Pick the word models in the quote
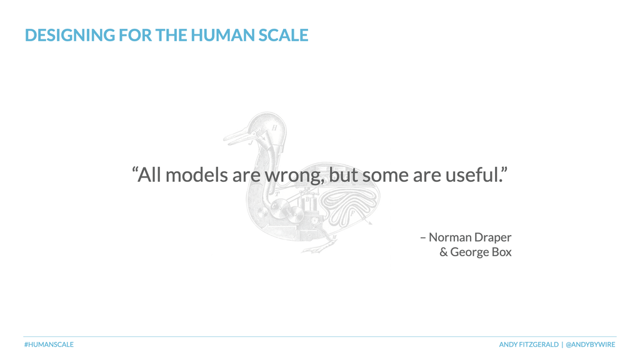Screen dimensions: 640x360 pyautogui.click(x=197, y=175)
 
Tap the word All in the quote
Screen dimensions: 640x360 pyautogui.click(x=149, y=175)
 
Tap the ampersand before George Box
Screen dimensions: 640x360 pyautogui.click(x=443, y=252)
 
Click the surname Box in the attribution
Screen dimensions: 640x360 pyautogui.click(x=502, y=252)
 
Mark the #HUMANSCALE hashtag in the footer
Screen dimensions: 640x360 pyautogui.click(x=49, y=344)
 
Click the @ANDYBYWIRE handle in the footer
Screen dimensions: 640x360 pyautogui.click(x=590, y=344)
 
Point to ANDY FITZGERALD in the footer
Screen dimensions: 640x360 pyautogui.click(x=529, y=344)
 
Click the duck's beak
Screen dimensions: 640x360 pyautogui.click(x=239, y=136)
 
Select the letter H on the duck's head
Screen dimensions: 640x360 pyautogui.click(x=274, y=128)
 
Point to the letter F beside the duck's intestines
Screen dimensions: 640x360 pyautogui.click(x=352, y=212)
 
